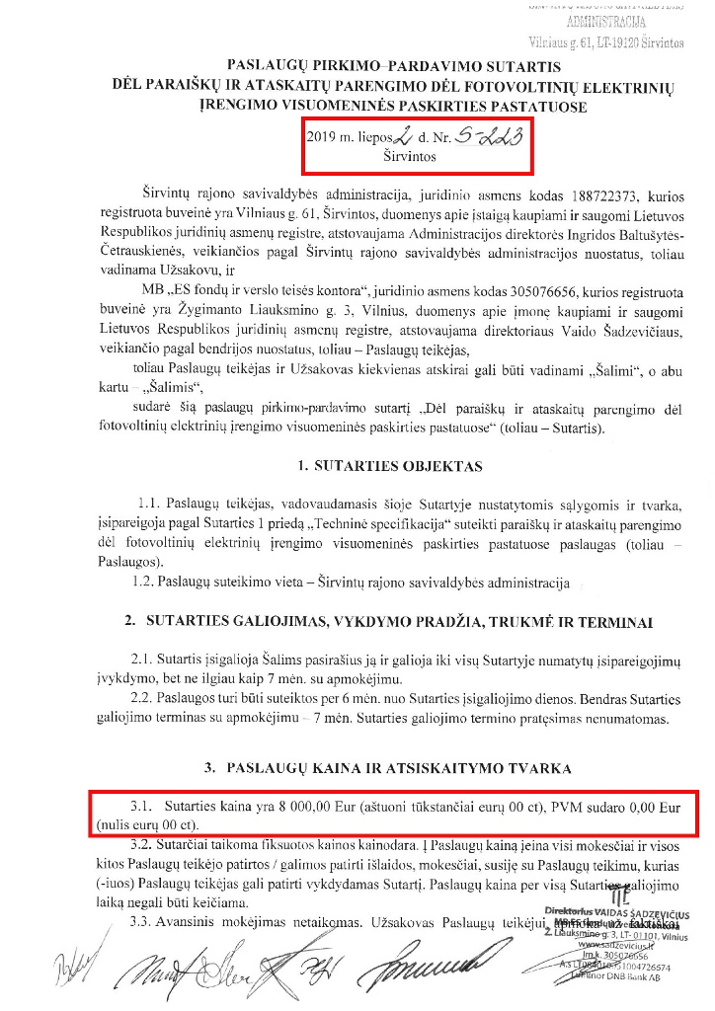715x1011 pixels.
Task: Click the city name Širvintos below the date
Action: coord(405,156)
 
